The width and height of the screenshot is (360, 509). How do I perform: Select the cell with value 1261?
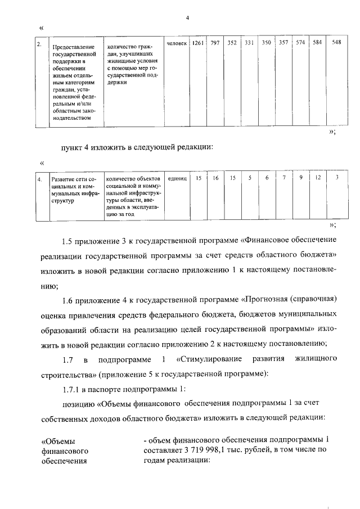pyautogui.click(x=197, y=43)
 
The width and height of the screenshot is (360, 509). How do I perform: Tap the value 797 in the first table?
pyautogui.click(x=215, y=43)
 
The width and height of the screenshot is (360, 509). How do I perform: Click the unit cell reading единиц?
pyautogui.click(x=177, y=179)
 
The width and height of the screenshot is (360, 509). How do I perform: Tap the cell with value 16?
pyautogui.click(x=215, y=178)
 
